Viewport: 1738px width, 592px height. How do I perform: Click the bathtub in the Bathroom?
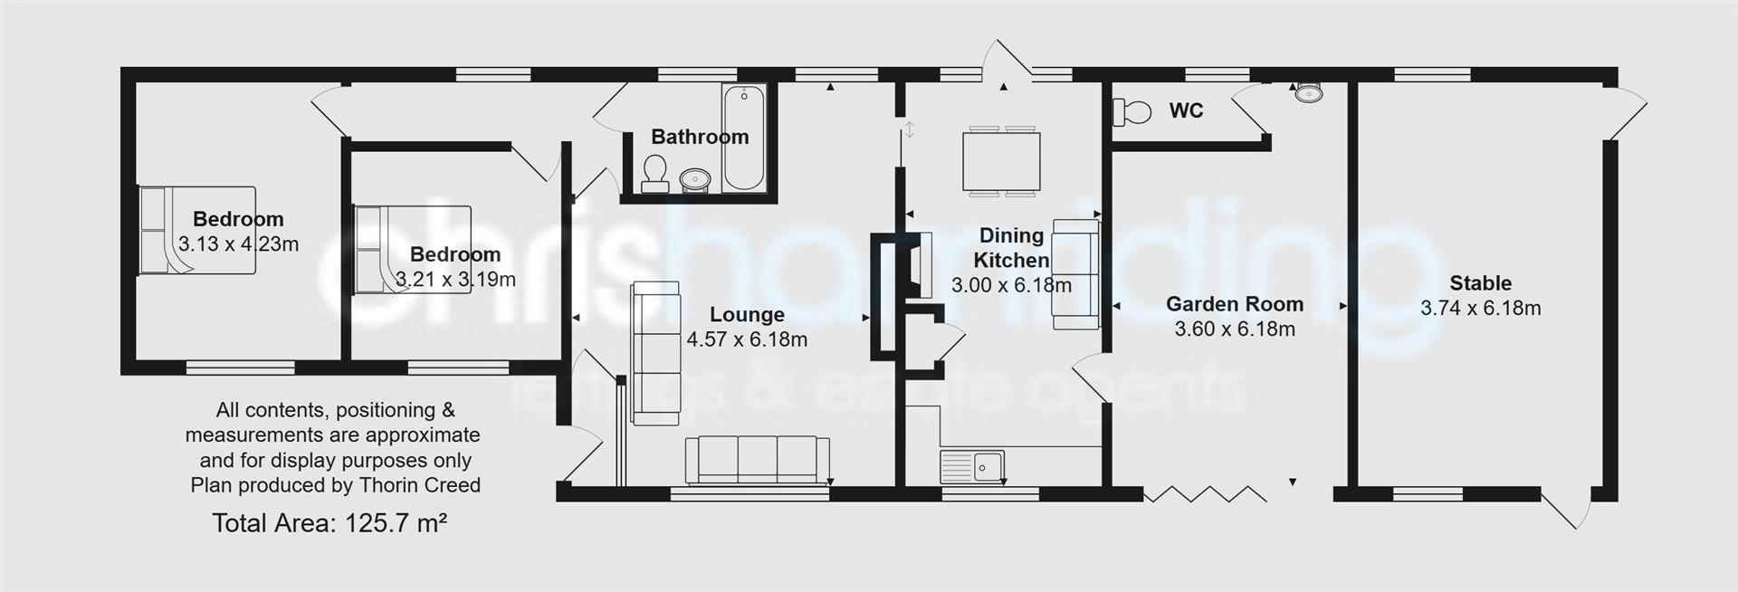pos(744,138)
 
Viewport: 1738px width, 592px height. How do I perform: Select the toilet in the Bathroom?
pos(654,172)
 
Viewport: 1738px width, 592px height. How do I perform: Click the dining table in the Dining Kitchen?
pos(1000,161)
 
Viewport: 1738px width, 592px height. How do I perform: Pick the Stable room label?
pos(1480,283)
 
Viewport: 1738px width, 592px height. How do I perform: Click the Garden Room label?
pos(1234,304)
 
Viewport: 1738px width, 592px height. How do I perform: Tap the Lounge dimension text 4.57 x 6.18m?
pos(747,340)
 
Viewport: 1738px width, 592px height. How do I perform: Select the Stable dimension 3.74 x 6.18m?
pos(1480,309)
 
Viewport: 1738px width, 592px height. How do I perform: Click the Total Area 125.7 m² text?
pos(329,523)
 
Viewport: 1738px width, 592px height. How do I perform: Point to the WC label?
pos(1186,110)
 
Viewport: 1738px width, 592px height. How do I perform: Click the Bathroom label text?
pos(700,137)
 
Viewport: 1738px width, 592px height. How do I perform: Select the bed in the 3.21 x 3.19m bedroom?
pos(412,249)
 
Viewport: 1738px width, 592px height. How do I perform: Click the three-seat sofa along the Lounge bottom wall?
pos(757,460)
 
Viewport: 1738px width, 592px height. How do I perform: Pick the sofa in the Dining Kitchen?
pos(1074,273)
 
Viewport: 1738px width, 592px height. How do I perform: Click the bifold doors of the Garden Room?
pos(1205,494)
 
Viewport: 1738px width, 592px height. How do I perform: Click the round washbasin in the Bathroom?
pos(695,178)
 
